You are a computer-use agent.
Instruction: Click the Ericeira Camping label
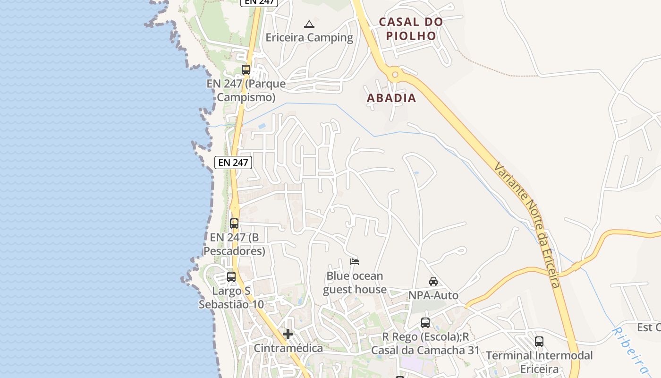click(x=309, y=37)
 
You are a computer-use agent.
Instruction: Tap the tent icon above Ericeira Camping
click(x=309, y=24)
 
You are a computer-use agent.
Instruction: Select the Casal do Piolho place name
click(x=411, y=29)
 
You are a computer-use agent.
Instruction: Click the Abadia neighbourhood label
click(x=391, y=98)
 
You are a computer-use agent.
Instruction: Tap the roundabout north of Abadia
click(x=395, y=74)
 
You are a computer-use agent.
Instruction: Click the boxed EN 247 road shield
click(x=233, y=163)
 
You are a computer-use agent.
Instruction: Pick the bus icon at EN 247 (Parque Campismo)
click(x=246, y=70)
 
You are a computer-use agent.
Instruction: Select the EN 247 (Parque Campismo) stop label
click(x=246, y=91)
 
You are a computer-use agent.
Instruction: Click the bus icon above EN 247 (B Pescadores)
click(x=234, y=223)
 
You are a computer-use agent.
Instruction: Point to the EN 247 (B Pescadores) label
click(x=234, y=244)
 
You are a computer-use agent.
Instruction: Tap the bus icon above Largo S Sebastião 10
click(x=231, y=277)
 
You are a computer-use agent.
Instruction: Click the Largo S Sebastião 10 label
click(x=231, y=298)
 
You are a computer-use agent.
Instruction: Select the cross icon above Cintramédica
click(x=288, y=335)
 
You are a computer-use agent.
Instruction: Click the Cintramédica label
click(x=288, y=348)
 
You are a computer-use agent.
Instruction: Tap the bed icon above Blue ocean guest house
click(x=355, y=262)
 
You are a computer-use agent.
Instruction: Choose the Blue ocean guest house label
click(x=355, y=283)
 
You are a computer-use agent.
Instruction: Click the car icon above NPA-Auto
click(x=433, y=282)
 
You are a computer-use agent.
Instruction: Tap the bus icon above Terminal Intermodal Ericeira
click(x=539, y=342)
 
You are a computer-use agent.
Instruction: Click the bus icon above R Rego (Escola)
click(x=425, y=323)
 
